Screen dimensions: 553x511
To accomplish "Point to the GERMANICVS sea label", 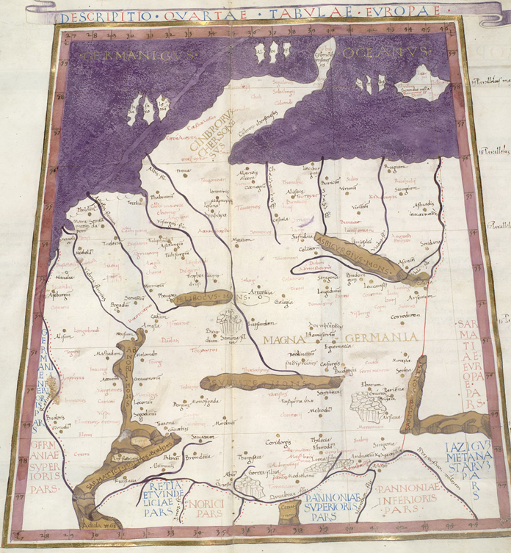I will pyautogui.click(x=136, y=54).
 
